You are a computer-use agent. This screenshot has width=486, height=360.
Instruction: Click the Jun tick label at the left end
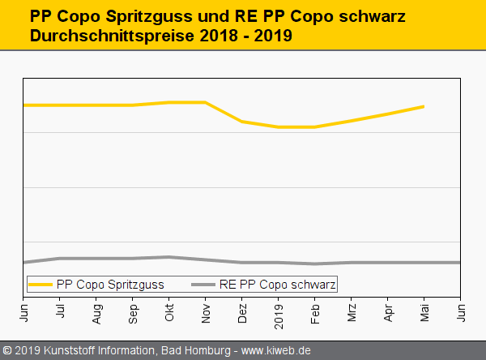point(23,311)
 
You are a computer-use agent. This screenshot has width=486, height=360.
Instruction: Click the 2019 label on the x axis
point(279,313)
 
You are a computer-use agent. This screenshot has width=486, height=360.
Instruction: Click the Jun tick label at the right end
point(461,311)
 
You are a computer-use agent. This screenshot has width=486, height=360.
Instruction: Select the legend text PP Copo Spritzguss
point(110,285)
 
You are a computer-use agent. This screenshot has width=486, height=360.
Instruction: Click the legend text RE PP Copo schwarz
point(277,285)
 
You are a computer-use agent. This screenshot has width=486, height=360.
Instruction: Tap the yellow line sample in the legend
point(41,285)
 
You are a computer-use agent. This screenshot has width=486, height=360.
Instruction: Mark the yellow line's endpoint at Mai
point(424,106)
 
